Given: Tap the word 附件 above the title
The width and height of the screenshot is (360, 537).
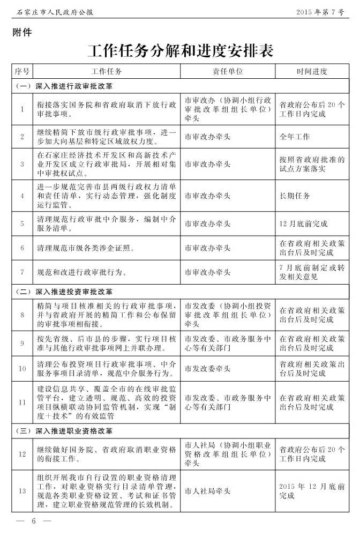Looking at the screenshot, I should point(22,32).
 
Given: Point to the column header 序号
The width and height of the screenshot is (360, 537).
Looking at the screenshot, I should point(22,71).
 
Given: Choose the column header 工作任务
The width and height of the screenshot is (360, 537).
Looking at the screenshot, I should point(107,71).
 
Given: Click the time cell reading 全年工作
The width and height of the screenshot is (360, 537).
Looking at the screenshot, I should point(295,137).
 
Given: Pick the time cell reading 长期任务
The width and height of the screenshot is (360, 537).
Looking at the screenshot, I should point(295,196).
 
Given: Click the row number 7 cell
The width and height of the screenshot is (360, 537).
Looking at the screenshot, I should point(22,272).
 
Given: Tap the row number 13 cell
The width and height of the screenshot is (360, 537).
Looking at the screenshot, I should point(22,491).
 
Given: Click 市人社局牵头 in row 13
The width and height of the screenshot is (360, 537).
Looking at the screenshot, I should point(208,491).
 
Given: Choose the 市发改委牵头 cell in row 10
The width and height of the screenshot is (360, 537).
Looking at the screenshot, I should point(208,369).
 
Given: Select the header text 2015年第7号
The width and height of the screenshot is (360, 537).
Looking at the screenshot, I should point(320,12).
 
